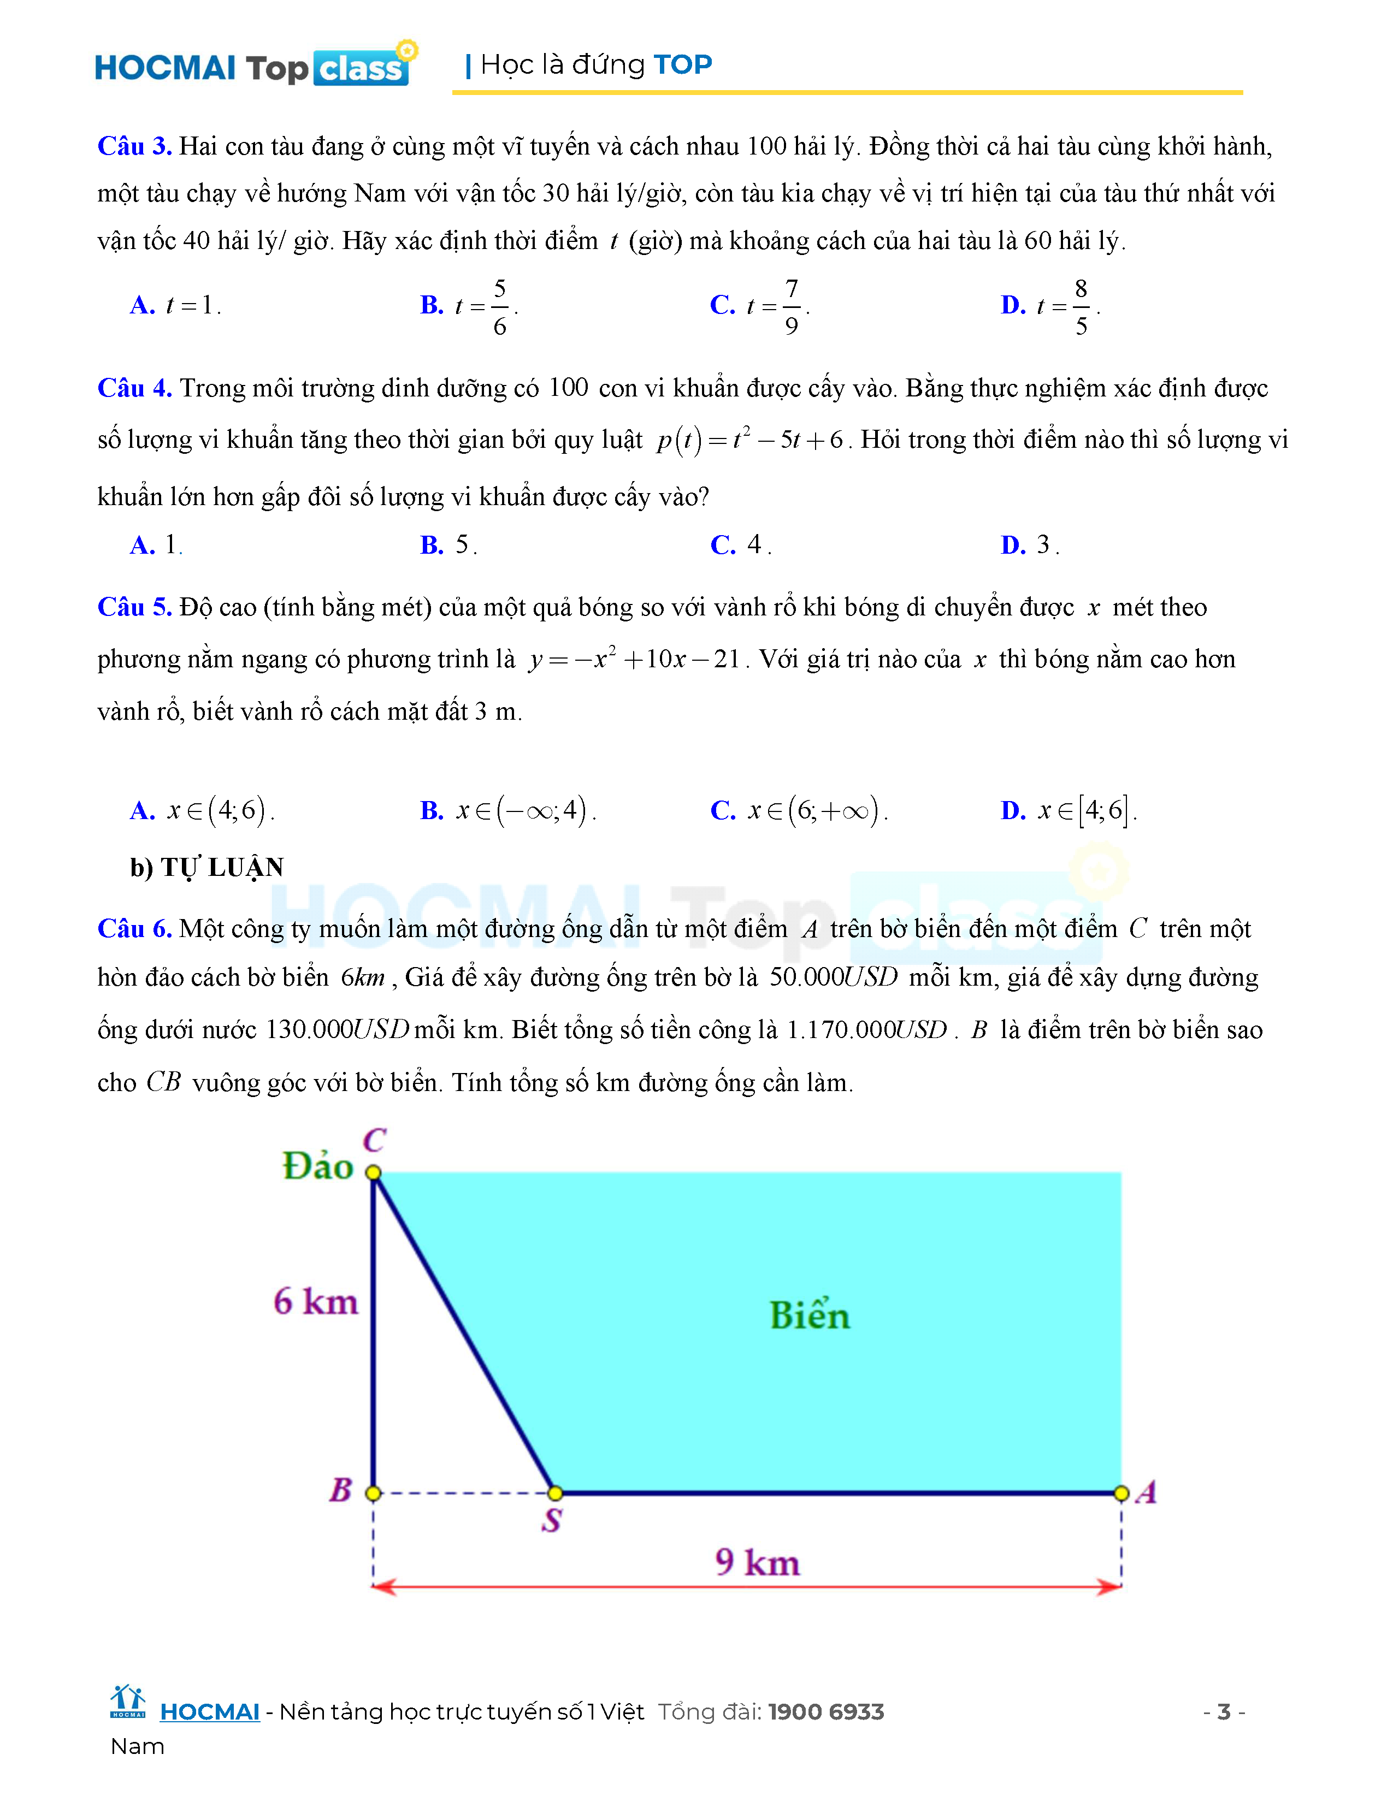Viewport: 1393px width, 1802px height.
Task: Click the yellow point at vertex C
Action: click(x=373, y=1172)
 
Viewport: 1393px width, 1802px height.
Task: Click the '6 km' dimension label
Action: click(x=316, y=1301)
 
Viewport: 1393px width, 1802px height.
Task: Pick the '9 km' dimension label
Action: click(x=758, y=1562)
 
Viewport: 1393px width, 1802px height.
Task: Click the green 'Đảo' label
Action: click(x=318, y=1166)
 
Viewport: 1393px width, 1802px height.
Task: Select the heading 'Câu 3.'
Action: click(x=134, y=146)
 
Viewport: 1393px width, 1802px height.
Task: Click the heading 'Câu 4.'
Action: click(x=134, y=388)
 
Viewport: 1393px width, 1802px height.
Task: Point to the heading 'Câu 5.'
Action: click(x=134, y=607)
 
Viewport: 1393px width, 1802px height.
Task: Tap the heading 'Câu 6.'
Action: click(x=134, y=928)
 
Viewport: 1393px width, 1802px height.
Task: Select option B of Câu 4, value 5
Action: click(x=448, y=544)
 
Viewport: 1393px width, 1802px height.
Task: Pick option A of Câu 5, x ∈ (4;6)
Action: click(x=202, y=810)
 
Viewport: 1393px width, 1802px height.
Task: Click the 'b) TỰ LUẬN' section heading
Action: click(x=207, y=867)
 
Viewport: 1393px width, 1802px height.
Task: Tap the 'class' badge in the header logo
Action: click(x=361, y=68)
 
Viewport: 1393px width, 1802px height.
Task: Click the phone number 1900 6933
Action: click(x=826, y=1712)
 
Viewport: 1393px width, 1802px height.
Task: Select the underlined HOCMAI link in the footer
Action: click(x=210, y=1712)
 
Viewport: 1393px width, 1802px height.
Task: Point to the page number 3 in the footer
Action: click(x=1224, y=1712)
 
